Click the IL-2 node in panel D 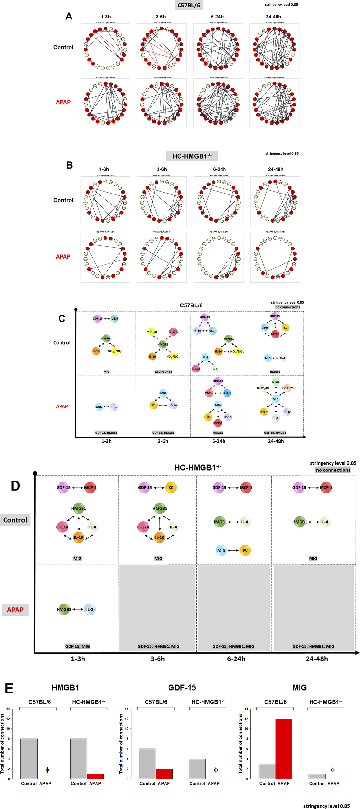pyautogui.click(x=90, y=609)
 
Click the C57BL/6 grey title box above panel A pyautogui.click(x=189, y=5)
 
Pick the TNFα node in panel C pyautogui.click(x=209, y=393)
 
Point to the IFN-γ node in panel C pyautogui.click(x=264, y=412)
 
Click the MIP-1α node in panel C pyautogui.click(x=152, y=332)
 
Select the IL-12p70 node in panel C pyautogui.click(x=287, y=388)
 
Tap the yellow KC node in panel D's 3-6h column pyautogui.click(x=171, y=488)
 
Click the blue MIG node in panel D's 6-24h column pyautogui.click(x=221, y=550)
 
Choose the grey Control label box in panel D pyautogui.click(x=15, y=520)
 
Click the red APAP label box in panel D pyautogui.click(x=15, y=610)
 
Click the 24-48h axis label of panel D pyautogui.click(x=316, y=659)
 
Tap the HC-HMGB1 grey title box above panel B pyautogui.click(x=192, y=156)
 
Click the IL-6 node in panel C pyautogui.click(x=276, y=418)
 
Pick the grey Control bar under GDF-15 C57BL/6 pyautogui.click(x=147, y=764)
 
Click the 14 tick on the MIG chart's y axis pyautogui.click(x=246, y=709)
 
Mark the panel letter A pyautogui.click(x=69, y=16)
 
